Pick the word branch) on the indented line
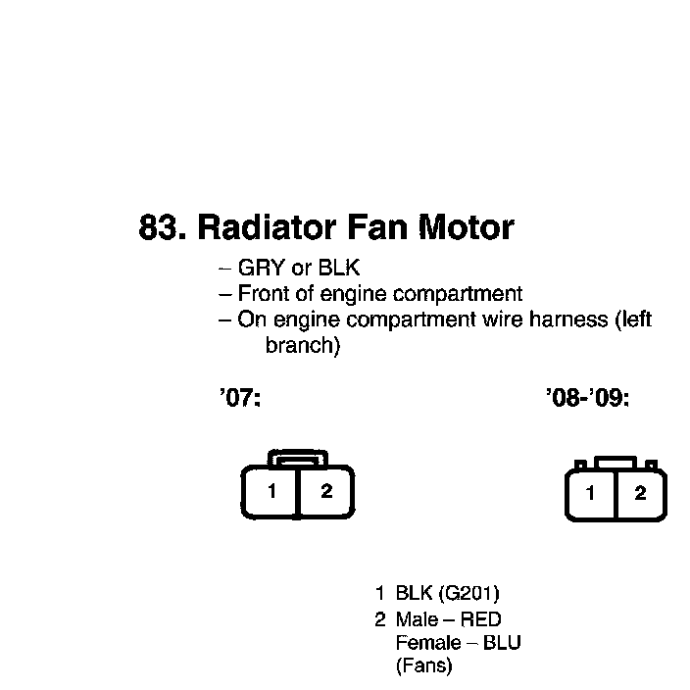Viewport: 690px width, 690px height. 303,346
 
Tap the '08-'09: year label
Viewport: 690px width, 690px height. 587,400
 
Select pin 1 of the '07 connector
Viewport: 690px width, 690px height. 271,492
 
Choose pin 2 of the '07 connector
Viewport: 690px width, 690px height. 326,492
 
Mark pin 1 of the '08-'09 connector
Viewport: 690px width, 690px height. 590,494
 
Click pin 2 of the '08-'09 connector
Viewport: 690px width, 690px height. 640,494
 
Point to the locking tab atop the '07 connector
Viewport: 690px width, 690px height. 299,458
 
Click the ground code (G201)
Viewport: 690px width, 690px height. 469,594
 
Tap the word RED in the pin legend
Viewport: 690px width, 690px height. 480,619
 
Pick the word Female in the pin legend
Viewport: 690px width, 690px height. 428,644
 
